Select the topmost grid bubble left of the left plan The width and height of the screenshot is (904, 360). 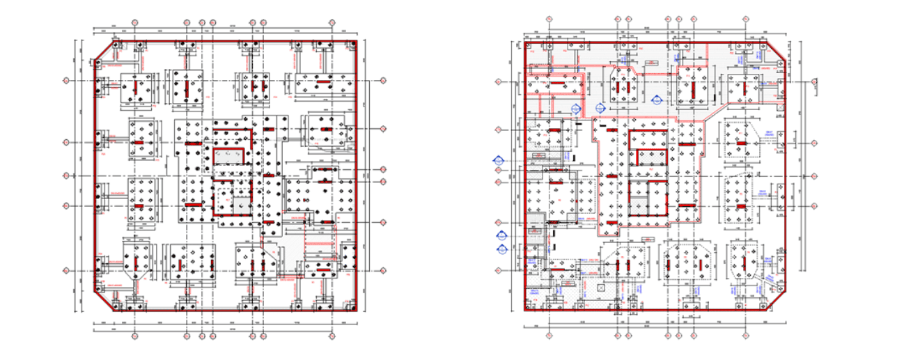click(67, 81)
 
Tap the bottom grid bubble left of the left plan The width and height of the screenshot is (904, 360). click(67, 271)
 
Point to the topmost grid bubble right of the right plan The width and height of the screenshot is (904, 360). click(815, 81)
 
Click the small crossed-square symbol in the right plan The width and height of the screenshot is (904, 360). click(601, 286)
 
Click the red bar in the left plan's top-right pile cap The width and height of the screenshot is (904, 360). click(324, 81)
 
